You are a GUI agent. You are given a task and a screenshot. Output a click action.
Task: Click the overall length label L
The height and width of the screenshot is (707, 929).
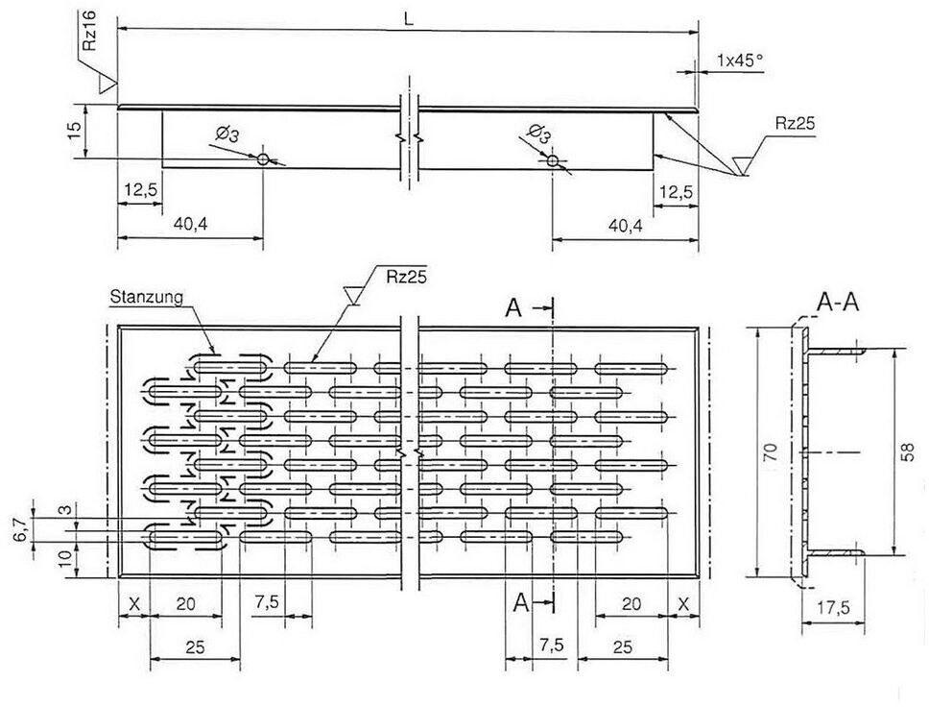click(x=407, y=20)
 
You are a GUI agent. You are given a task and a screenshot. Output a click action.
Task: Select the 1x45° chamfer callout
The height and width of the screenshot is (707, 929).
click(x=739, y=60)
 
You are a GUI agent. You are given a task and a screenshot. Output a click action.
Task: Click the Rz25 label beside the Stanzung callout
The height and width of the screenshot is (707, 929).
click(x=402, y=278)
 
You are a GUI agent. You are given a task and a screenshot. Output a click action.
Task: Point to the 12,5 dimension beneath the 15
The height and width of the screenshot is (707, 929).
click(x=139, y=190)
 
